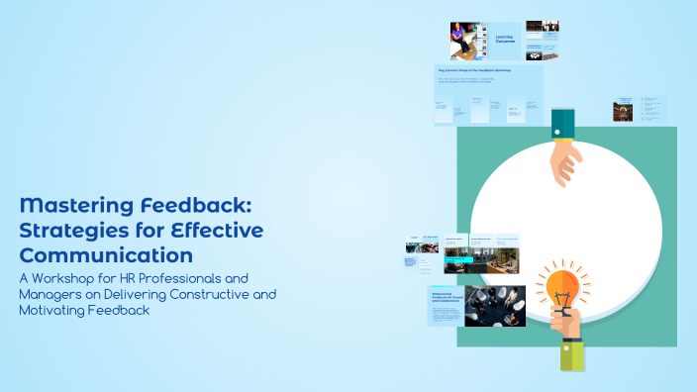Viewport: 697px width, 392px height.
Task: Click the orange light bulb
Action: coord(562,284)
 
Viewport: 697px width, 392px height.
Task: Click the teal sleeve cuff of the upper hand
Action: coord(563,125)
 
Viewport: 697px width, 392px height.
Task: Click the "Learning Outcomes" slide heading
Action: coord(507,39)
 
